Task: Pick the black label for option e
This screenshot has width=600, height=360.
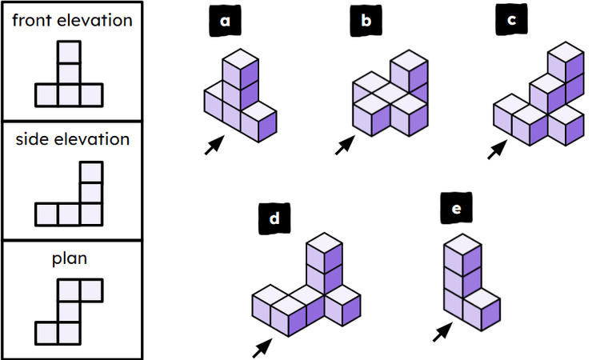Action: (457, 210)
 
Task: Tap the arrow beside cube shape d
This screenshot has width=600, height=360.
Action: (262, 347)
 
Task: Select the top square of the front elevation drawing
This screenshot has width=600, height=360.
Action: (70, 52)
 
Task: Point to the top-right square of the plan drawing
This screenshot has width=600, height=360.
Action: (91, 289)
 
